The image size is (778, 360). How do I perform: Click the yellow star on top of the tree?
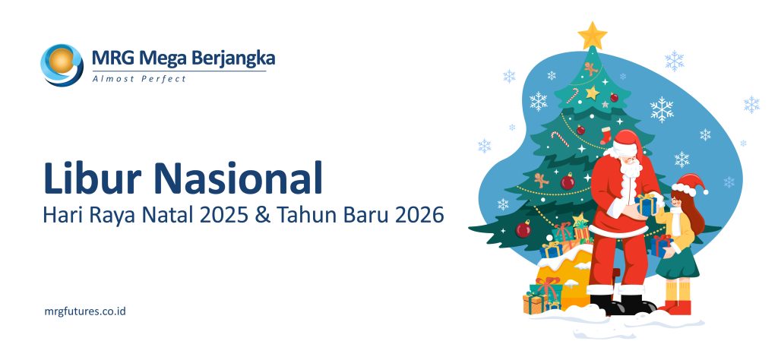(x=592, y=35)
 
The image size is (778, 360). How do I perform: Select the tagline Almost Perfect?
(x=138, y=78)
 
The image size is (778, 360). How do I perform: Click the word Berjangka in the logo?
(x=233, y=58)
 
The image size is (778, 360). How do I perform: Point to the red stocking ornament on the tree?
(x=606, y=135)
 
